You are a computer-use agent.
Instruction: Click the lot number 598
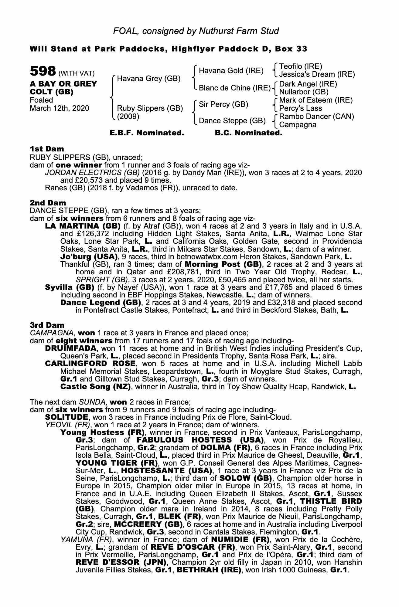click(x=43, y=72)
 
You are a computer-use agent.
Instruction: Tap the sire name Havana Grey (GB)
click(x=149, y=79)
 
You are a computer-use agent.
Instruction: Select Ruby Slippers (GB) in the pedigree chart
click(x=150, y=108)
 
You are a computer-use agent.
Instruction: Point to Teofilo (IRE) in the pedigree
click(x=301, y=66)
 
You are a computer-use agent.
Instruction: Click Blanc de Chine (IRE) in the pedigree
click(x=234, y=88)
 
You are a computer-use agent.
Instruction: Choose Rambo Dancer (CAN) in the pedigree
click(x=316, y=117)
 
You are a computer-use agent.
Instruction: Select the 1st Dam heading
click(x=47, y=149)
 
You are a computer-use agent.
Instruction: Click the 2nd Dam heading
click(x=48, y=202)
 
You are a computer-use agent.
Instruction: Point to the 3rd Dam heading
click(x=47, y=325)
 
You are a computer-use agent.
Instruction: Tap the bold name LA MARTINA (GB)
click(x=83, y=226)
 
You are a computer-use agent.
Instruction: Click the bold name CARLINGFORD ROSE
click(x=90, y=364)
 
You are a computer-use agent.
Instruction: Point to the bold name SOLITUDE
click(x=67, y=417)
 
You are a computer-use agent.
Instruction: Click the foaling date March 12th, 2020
click(x=60, y=108)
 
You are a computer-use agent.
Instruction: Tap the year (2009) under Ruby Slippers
click(x=128, y=116)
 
